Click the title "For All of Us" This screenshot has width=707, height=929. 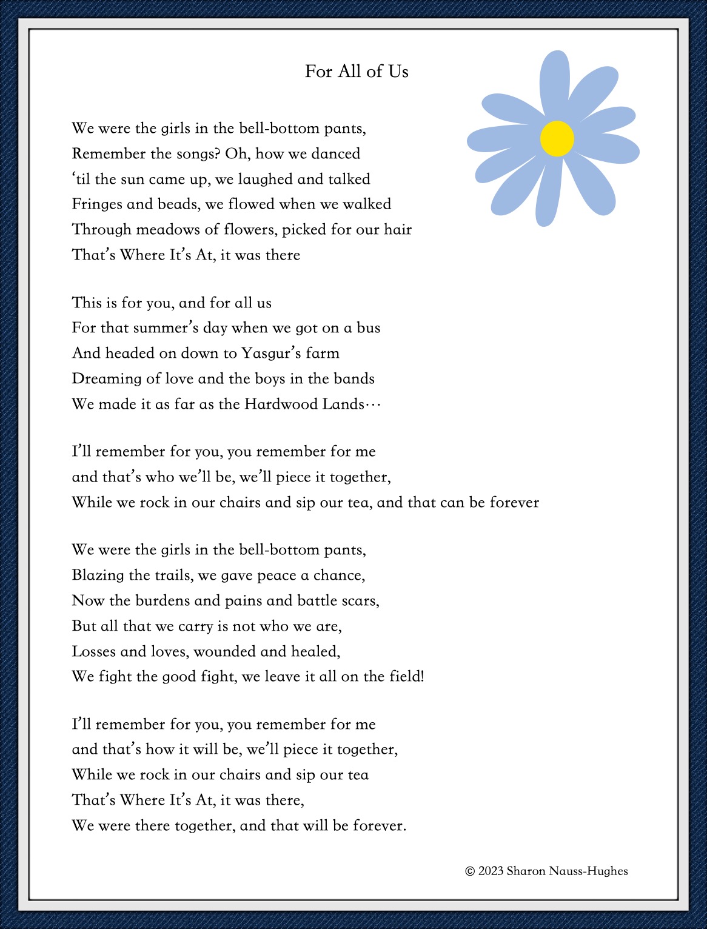click(357, 72)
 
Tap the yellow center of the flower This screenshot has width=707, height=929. click(557, 138)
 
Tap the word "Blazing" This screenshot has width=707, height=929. click(98, 575)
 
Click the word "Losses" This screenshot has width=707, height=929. click(94, 651)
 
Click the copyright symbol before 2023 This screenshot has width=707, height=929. click(470, 871)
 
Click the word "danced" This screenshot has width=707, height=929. click(336, 153)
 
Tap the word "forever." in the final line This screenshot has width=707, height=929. click(380, 825)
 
